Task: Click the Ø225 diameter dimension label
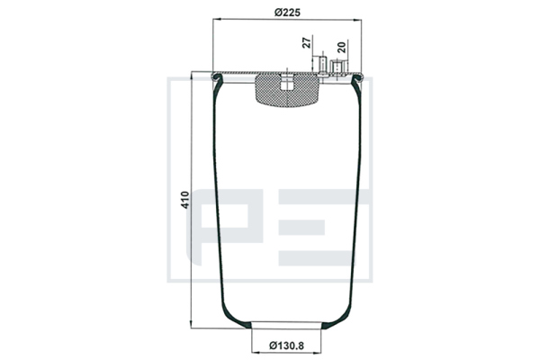point(287,13)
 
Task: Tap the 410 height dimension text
point(185,200)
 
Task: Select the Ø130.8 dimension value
point(287,346)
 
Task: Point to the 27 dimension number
point(306,42)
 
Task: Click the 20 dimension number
point(341,47)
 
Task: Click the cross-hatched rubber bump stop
point(287,90)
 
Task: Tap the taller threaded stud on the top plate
point(323,65)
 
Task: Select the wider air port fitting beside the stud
point(336,67)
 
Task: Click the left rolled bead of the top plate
point(217,77)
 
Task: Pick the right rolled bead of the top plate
point(357,77)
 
